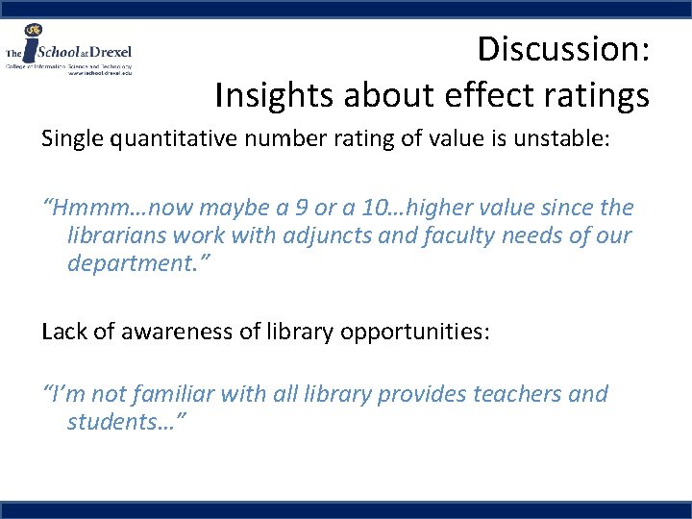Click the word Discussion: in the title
pos(564,48)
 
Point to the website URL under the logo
pos(99,72)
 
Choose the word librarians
pos(118,235)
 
